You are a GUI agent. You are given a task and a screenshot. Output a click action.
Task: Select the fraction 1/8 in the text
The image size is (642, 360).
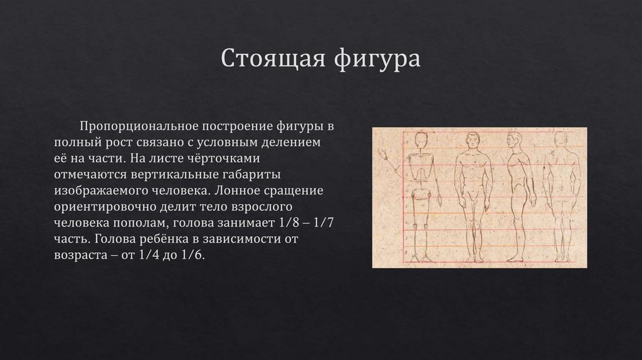284,224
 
